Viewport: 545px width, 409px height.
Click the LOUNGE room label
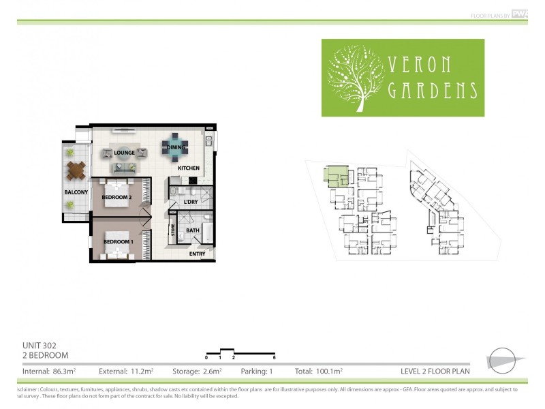(x=123, y=153)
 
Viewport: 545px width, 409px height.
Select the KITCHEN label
(x=189, y=168)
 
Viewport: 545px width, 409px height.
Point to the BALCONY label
(x=76, y=192)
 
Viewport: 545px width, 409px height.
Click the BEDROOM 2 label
(x=116, y=198)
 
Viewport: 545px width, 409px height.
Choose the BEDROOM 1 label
(x=118, y=242)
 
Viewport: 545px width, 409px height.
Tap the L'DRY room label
(x=191, y=202)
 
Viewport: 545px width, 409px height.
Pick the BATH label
(x=193, y=230)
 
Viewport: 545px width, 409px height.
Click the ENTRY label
(x=197, y=254)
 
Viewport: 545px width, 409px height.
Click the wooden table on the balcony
(x=76, y=167)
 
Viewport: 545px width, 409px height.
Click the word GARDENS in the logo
(x=433, y=91)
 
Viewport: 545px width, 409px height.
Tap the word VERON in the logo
(x=420, y=65)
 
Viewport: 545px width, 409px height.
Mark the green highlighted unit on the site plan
(x=336, y=177)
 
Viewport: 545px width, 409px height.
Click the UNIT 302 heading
(x=40, y=346)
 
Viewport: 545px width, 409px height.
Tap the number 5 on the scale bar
(x=274, y=357)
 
